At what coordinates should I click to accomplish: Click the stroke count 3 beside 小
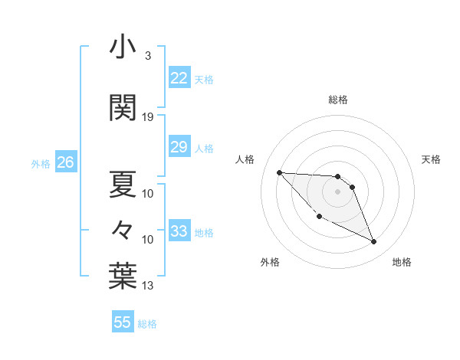[147, 57]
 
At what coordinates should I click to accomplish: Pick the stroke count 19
[148, 117]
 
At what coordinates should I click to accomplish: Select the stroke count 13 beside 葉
[148, 286]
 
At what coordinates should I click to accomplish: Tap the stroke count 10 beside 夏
[148, 193]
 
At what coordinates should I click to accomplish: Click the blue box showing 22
[179, 78]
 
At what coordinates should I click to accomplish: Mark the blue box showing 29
[179, 147]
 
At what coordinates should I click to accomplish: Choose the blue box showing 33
[179, 231]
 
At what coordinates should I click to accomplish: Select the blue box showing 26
[65, 162]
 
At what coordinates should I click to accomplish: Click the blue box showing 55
[122, 322]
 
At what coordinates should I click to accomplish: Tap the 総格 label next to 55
[147, 324]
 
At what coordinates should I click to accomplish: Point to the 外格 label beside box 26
[41, 164]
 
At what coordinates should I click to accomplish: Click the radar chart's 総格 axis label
[337, 100]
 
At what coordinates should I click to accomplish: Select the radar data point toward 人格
[279, 172]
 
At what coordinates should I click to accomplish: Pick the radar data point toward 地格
[374, 242]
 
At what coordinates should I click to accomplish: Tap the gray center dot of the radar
[337, 191]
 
